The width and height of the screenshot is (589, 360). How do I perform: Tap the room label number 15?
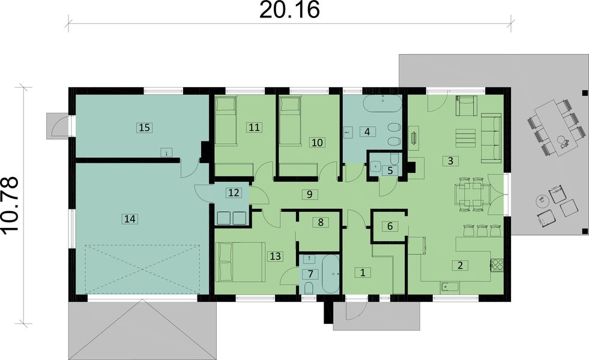pos(143,127)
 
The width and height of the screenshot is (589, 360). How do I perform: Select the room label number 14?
pos(128,220)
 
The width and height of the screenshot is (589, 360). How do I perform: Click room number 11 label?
pos(254,127)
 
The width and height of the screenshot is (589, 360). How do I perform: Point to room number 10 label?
pos(316,142)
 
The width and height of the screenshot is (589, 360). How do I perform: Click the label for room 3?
pos(449,160)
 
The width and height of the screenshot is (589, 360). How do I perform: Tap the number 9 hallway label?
pos(308,194)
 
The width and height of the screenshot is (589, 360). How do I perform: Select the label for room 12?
pos(233,193)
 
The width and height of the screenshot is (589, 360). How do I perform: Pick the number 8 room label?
pos(321,222)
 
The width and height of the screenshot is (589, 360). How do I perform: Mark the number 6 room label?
pos(390,226)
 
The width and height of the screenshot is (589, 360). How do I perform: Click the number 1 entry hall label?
pos(362,272)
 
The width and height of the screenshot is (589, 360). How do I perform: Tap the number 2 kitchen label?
pos(459,265)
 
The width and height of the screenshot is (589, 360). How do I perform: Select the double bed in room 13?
pos(240,262)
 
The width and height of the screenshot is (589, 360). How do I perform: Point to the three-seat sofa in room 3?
pos(492,138)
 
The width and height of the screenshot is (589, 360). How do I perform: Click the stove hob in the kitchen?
pos(497,265)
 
